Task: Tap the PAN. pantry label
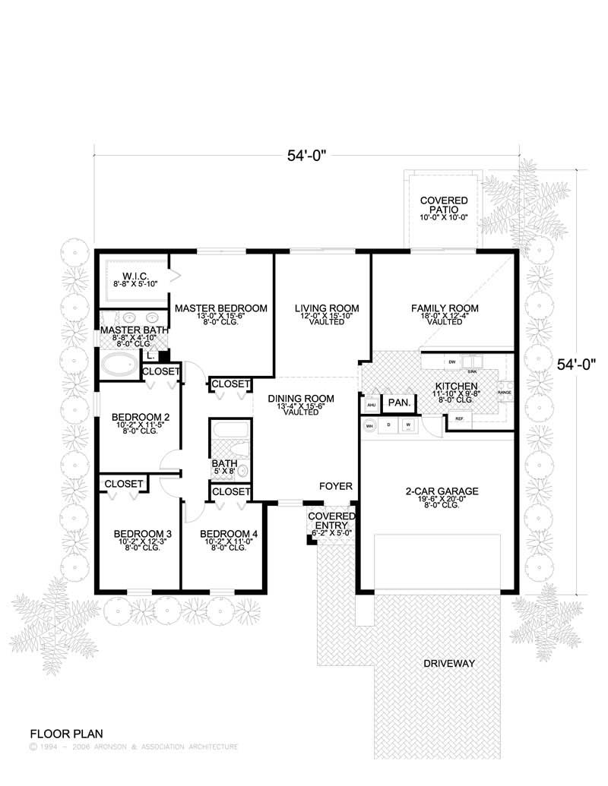399,402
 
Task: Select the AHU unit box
372,405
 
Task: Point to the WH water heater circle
370,426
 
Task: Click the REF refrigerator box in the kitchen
460,418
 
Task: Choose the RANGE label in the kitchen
504,393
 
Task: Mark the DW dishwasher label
451,361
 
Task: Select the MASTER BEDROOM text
220,308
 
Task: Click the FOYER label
334,484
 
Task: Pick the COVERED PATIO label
444,205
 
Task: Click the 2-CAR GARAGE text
441,491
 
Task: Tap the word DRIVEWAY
448,664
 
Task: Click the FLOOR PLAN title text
62,734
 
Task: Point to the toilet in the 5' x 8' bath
242,472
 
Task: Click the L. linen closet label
150,355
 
